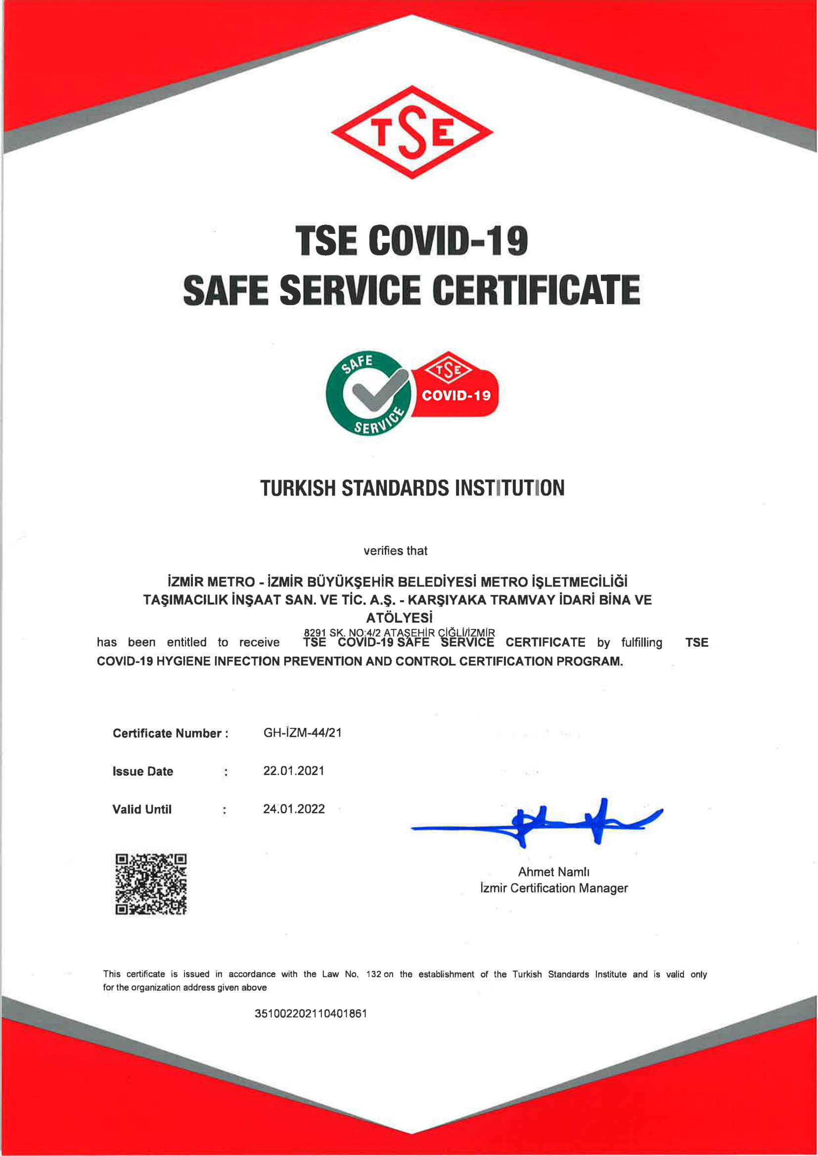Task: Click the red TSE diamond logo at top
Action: (411, 132)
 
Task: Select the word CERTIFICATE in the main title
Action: (536, 290)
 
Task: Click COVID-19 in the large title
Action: (448, 240)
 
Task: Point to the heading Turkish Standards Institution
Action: (412, 488)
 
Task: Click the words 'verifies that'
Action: (396, 551)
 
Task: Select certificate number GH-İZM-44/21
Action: (302, 733)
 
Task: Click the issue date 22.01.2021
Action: (294, 771)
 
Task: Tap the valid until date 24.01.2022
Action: (294, 809)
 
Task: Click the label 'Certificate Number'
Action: (167, 733)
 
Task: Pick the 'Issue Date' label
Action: (142, 771)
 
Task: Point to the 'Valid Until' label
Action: (141, 809)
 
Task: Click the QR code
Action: (151, 884)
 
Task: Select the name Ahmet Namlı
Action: (553, 872)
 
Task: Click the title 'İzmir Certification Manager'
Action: (553, 888)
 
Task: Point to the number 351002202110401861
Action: (311, 1014)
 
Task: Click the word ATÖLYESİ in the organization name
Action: (400, 618)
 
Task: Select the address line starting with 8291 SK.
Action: (400, 632)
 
